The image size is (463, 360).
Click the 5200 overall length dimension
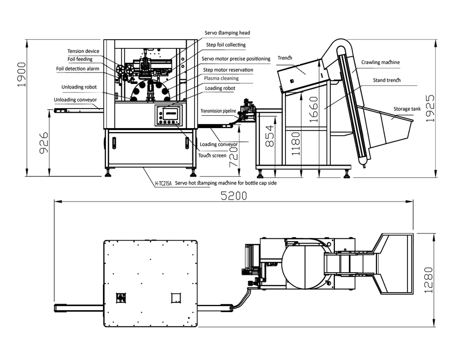click(x=234, y=196)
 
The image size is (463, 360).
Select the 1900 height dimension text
click(x=22, y=75)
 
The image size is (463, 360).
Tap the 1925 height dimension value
click(x=430, y=109)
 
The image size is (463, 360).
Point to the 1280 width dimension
click(x=429, y=280)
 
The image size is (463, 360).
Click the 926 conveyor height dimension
click(x=44, y=143)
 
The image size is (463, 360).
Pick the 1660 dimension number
click(x=314, y=110)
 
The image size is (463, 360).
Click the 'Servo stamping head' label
click(x=227, y=33)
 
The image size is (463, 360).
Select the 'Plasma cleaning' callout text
click(x=221, y=78)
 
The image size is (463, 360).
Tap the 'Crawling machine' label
click(x=380, y=62)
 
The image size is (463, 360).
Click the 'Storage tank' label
click(x=407, y=109)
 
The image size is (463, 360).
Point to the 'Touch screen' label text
click(x=212, y=155)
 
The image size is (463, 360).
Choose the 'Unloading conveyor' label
click(x=75, y=100)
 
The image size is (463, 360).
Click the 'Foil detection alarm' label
click(x=78, y=69)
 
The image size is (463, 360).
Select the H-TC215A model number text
click(x=163, y=183)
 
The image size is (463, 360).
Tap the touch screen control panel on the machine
click(x=169, y=115)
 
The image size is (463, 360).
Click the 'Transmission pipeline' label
click(x=218, y=111)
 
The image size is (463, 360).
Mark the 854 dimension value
click(x=270, y=136)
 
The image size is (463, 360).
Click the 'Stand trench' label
click(x=386, y=80)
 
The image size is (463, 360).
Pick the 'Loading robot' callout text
click(x=220, y=88)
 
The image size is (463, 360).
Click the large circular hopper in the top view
click(x=306, y=268)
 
